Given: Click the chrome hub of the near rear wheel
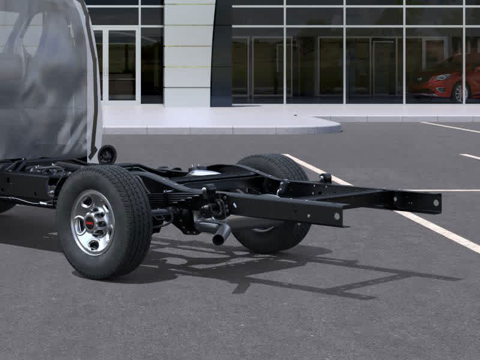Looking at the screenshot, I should click(92, 223).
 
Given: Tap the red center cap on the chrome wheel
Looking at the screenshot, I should click(89, 223).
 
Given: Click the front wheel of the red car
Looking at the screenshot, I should click(461, 92).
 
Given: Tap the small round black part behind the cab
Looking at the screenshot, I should click(107, 154).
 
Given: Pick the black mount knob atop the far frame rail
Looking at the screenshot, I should click(326, 178).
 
